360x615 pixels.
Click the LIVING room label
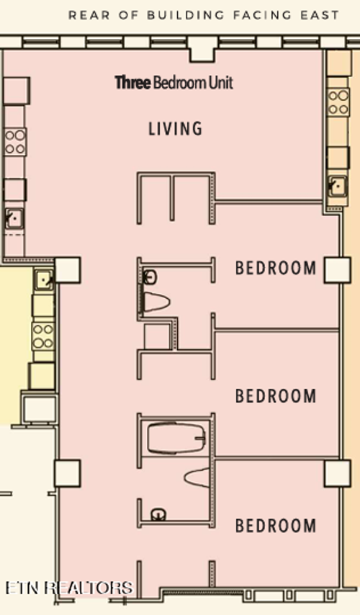click(175, 129)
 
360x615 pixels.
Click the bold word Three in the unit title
click(133, 83)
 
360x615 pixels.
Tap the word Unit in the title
click(221, 83)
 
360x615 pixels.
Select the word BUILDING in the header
click(186, 15)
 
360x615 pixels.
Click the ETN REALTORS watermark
click(69, 588)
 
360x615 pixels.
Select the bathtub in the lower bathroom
click(176, 437)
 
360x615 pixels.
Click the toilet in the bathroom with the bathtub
click(198, 477)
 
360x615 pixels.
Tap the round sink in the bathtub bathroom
click(158, 513)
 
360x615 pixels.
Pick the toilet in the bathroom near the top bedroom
click(156, 302)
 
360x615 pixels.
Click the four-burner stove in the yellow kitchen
click(43, 336)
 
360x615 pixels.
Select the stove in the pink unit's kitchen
click(15, 142)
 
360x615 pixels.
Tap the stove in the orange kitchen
click(338, 102)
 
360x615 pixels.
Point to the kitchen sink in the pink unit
click(14, 218)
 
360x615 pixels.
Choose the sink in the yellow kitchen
click(43, 279)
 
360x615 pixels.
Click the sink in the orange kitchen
click(337, 187)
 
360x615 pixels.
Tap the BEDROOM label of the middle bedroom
click(276, 396)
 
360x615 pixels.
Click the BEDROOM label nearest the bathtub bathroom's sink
click(276, 526)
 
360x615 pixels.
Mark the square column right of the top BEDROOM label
click(337, 270)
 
